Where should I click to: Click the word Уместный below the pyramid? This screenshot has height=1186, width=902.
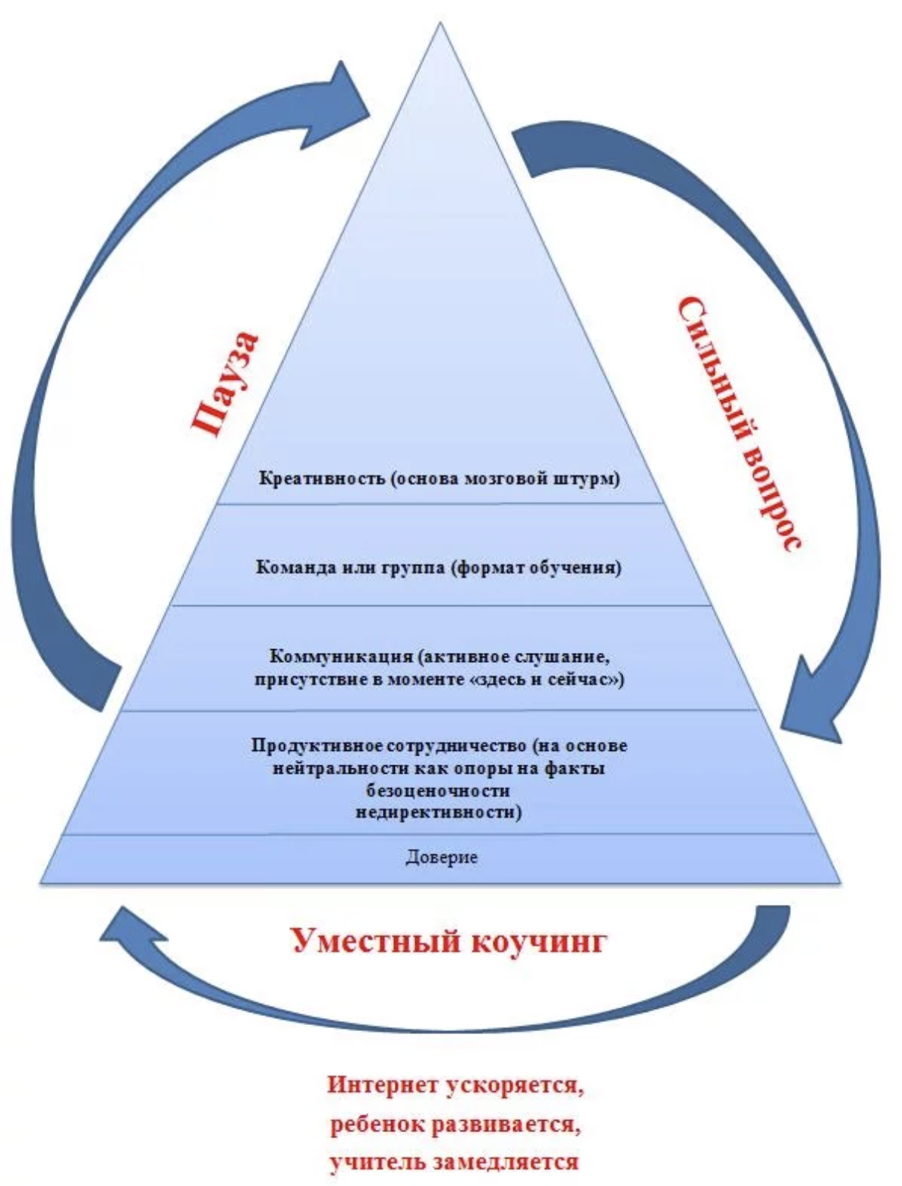click(376, 942)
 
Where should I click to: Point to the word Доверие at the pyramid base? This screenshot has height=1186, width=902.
click(441, 857)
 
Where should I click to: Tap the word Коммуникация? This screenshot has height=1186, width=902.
click(340, 657)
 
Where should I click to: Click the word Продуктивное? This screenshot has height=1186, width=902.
click(318, 746)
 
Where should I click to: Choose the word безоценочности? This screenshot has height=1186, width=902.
click(438, 791)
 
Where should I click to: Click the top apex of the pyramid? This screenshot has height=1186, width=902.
click(440, 22)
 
